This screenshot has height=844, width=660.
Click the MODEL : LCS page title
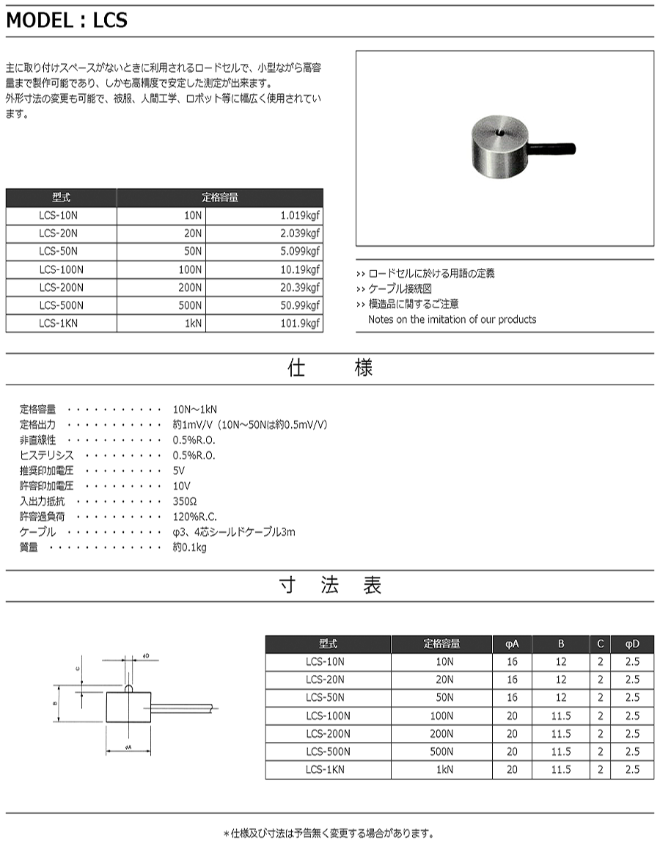tap(67, 21)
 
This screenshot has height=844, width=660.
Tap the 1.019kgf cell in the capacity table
tap(300, 216)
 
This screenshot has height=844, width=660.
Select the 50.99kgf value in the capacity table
tap(300, 305)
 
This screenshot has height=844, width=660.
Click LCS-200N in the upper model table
tap(61, 287)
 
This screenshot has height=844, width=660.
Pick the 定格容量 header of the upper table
tap(219, 197)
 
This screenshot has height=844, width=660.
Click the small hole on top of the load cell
tap(497, 134)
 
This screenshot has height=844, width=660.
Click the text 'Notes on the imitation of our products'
tap(452, 319)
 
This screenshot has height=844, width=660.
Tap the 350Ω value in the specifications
tap(185, 501)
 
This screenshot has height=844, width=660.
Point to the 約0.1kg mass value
tap(189, 547)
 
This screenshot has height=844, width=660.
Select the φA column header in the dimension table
tap(512, 644)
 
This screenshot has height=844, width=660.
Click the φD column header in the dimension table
tap(632, 644)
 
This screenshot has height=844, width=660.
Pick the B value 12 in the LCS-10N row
tap(561, 662)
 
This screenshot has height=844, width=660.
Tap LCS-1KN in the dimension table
tap(328, 769)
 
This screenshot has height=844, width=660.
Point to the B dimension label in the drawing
tap(56, 703)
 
